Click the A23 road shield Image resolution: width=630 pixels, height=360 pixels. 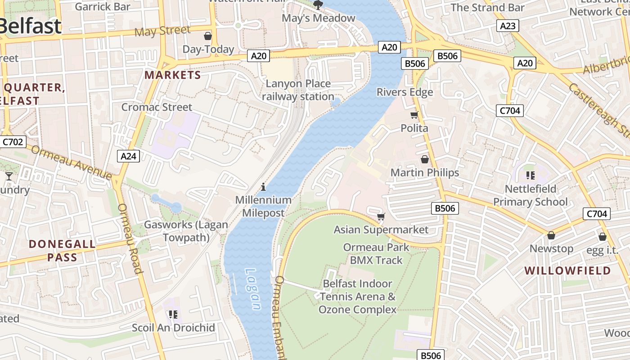tap(508, 26)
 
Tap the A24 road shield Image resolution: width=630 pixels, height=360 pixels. tap(128, 156)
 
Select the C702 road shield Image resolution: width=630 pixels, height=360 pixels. tap(12, 142)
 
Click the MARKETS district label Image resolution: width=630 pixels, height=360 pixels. tap(173, 75)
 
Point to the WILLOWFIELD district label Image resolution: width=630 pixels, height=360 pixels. tap(568, 270)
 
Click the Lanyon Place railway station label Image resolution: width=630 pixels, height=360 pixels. tap(298, 90)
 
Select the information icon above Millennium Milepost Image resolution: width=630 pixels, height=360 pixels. tap(263, 187)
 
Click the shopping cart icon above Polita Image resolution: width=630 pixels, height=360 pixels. tap(414, 115)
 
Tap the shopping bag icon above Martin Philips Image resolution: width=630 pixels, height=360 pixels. tap(424, 159)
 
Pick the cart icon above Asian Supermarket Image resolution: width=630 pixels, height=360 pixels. tap(381, 217)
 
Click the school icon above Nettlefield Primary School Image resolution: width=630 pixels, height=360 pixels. tap(530, 175)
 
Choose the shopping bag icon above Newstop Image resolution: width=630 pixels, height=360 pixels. tap(551, 235)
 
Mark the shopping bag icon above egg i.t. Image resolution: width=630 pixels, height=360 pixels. tap(603, 237)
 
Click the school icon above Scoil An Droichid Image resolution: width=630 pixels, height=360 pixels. tap(173, 314)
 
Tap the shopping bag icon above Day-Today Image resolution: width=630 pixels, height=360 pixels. tap(208, 36)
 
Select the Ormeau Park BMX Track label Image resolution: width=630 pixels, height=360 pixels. tap(376, 253)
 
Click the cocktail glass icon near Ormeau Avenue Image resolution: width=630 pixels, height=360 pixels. tap(9, 176)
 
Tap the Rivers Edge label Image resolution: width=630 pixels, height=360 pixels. tap(405, 92)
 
